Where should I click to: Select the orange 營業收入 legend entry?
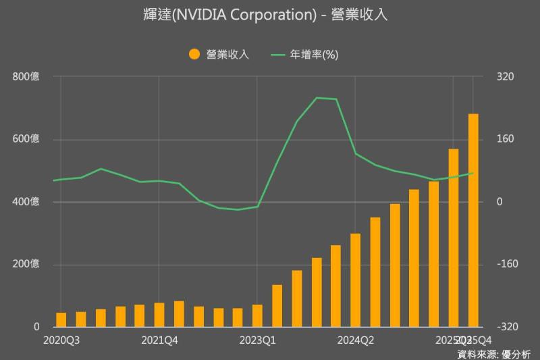[x=219, y=55]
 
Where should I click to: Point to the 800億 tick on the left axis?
[x=26, y=77]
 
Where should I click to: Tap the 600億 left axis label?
[x=26, y=139]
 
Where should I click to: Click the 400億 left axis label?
[x=26, y=202]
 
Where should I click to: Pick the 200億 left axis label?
[x=26, y=264]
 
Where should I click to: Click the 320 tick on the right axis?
[x=506, y=77]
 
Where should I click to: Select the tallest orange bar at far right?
[x=473, y=220]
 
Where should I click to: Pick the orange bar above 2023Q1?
[x=257, y=315]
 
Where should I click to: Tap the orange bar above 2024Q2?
[x=356, y=280]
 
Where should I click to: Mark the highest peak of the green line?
[x=317, y=98]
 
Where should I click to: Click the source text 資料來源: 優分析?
[x=494, y=353]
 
